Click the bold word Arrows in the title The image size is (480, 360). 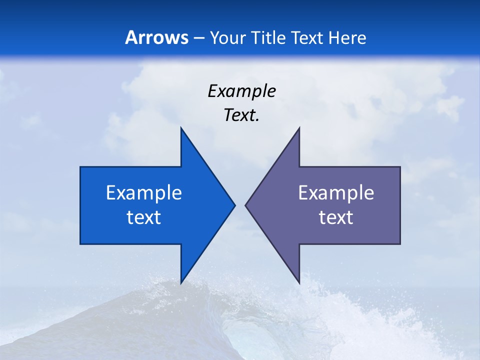click(x=156, y=37)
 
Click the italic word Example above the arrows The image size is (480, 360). click(x=241, y=91)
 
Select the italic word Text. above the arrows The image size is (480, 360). click(x=241, y=115)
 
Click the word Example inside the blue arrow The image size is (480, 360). click(x=144, y=192)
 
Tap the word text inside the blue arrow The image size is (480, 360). click(x=144, y=217)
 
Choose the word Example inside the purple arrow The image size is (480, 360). click(x=336, y=192)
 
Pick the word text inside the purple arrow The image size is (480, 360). click(x=336, y=217)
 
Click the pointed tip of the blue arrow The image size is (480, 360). click(x=235, y=205)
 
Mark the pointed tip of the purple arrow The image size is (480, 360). click(x=245, y=205)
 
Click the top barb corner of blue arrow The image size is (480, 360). click(x=181, y=128)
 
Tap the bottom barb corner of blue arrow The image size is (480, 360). click(x=181, y=283)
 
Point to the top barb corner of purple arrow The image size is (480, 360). click(x=299, y=128)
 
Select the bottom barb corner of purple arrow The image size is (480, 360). click(x=299, y=283)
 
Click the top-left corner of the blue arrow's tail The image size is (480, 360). click(x=80, y=167)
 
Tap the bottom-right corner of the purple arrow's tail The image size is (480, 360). click(x=400, y=244)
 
